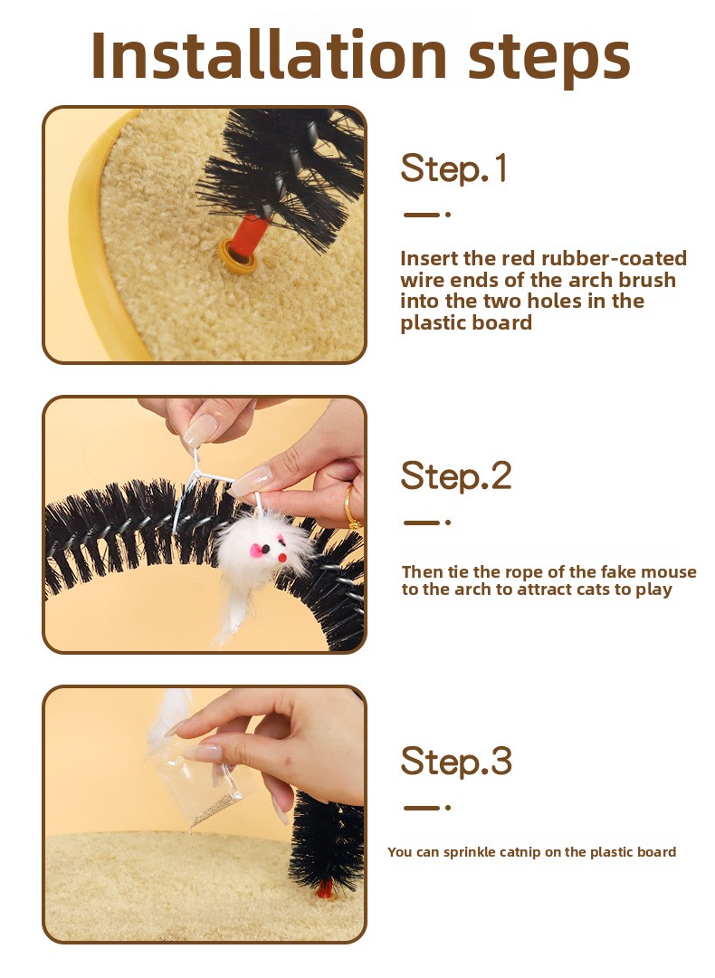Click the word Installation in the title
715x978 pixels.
269,55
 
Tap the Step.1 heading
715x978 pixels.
453,168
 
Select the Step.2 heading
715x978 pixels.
455,476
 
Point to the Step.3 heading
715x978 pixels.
455,761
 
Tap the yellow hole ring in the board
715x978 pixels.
237,257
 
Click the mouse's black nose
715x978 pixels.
266,550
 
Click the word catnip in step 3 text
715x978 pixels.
521,853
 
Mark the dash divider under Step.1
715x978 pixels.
426,215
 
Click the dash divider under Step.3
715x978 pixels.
426,808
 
